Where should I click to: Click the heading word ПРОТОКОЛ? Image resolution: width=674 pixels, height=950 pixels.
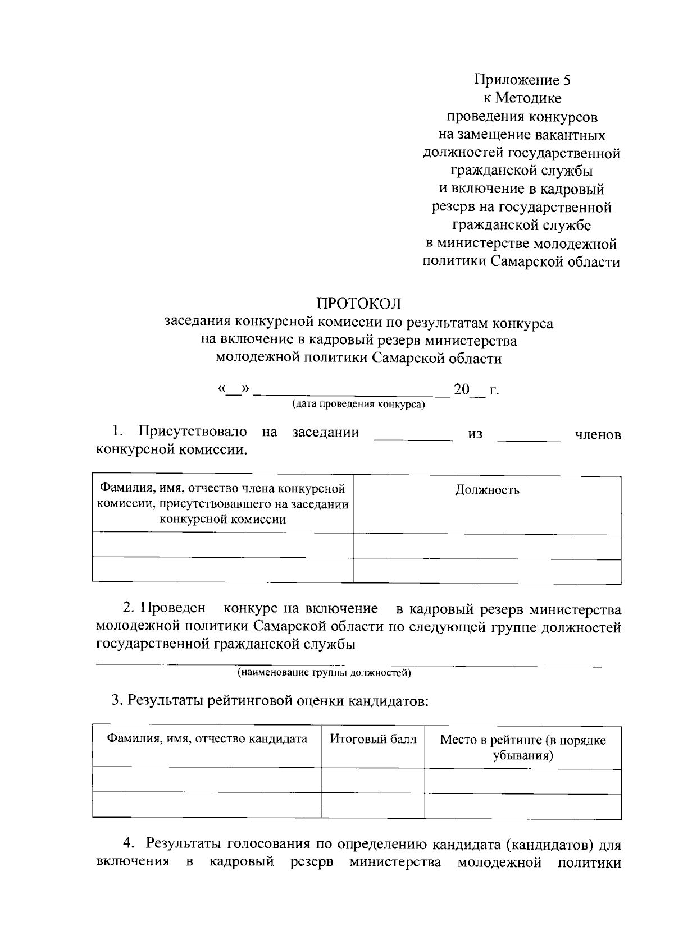click(358, 304)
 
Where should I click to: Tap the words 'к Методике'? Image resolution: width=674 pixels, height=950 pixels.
click(522, 99)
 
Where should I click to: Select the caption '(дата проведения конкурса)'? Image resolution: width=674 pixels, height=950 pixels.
click(358, 405)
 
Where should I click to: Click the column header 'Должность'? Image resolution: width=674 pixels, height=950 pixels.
click(486, 490)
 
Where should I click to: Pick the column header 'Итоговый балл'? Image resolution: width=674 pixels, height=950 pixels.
click(373, 739)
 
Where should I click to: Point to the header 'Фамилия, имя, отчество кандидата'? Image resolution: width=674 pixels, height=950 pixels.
click(207, 739)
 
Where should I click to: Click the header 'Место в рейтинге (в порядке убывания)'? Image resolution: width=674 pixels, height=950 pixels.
click(522, 747)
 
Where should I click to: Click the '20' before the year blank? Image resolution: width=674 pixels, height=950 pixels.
click(461, 389)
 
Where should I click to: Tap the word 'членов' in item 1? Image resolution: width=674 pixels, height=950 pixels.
click(598, 434)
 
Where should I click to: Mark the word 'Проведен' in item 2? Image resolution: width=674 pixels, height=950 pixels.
click(173, 608)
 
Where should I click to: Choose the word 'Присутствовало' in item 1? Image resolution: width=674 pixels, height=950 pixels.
click(193, 432)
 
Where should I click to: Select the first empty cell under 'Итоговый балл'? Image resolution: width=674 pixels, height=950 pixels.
click(373, 781)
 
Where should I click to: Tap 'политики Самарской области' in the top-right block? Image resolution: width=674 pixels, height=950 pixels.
click(521, 262)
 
